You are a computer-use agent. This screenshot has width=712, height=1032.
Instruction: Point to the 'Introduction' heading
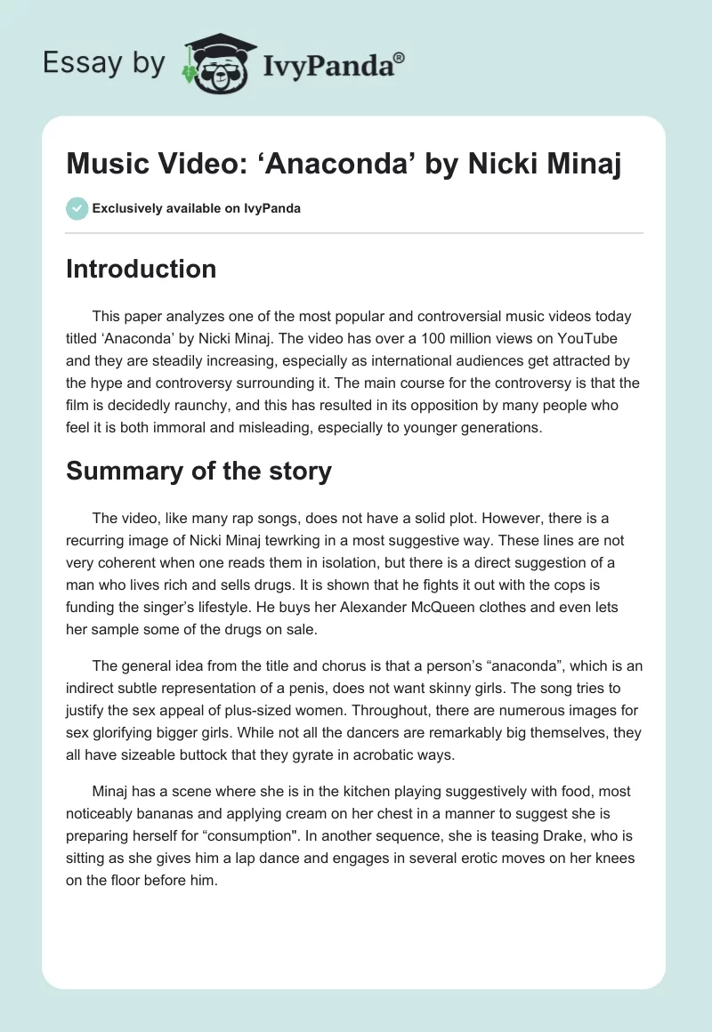141,270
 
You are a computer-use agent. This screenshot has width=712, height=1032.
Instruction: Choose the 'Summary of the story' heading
198,471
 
